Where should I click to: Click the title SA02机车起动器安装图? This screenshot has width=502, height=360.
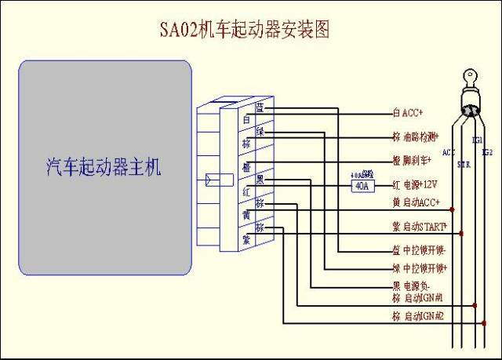(244, 31)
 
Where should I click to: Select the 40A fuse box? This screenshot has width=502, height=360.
(362, 186)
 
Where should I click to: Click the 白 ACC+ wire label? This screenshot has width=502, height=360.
(407, 113)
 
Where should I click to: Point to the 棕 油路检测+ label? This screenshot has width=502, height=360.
(417, 135)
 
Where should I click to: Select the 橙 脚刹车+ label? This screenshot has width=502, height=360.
(413, 160)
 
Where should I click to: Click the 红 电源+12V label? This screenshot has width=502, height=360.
(415, 185)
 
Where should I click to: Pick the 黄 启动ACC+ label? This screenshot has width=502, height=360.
(416, 202)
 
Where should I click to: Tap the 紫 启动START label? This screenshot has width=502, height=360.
(419, 227)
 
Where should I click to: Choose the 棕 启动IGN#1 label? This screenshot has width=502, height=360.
(418, 298)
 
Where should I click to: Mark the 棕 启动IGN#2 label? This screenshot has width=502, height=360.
(418, 316)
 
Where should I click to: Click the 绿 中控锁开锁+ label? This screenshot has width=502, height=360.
(419, 268)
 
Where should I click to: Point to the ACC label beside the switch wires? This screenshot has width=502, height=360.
(449, 152)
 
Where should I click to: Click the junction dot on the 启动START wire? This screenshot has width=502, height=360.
(462, 233)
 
